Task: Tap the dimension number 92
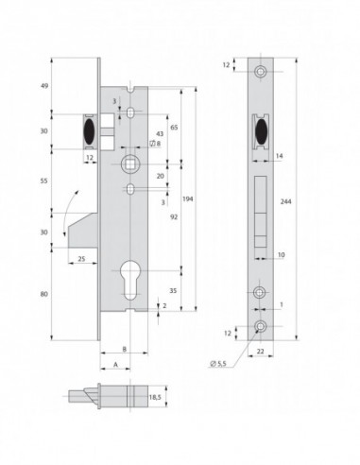pyautogui.click(x=175, y=215)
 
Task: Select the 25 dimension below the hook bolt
pyautogui.click(x=81, y=259)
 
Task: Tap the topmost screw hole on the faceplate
pyautogui.click(x=261, y=73)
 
